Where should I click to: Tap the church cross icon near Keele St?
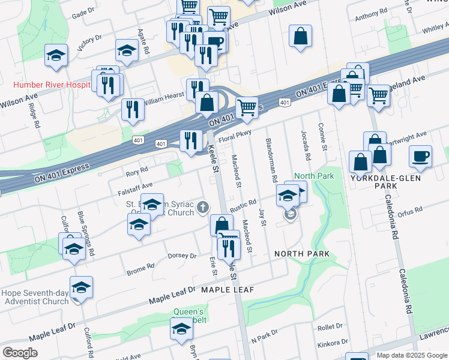203,208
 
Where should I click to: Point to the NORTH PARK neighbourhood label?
301,254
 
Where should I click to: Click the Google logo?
20,353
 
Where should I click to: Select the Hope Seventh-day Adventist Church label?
36,297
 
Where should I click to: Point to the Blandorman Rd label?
273,160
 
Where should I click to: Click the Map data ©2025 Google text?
411,355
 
